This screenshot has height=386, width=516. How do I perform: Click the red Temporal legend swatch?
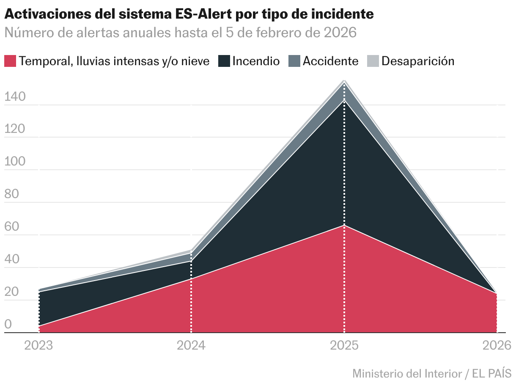click(x=11, y=61)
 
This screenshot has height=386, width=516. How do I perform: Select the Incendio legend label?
click(x=256, y=61)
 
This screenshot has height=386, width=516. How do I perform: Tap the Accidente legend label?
click(x=330, y=61)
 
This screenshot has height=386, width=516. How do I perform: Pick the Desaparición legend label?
click(x=417, y=61)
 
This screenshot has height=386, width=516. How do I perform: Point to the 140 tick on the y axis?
click(x=15, y=97)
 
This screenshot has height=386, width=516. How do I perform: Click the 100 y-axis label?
click(x=15, y=162)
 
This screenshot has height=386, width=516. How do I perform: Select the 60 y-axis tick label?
click(x=12, y=227)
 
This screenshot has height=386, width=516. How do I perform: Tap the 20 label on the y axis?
click(x=12, y=292)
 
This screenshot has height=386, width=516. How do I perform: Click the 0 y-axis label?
click(x=8, y=325)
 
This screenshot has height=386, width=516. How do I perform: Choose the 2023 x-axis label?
click(x=39, y=345)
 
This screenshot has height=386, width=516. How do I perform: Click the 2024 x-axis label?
click(x=191, y=345)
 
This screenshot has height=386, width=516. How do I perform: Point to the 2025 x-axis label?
click(x=344, y=345)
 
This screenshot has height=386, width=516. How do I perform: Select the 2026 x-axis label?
click(x=497, y=345)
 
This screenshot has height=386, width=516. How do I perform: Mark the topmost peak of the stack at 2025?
click(x=344, y=80)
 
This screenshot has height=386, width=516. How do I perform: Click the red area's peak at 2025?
click(x=344, y=225)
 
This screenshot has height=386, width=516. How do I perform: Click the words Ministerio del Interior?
click(x=407, y=374)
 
